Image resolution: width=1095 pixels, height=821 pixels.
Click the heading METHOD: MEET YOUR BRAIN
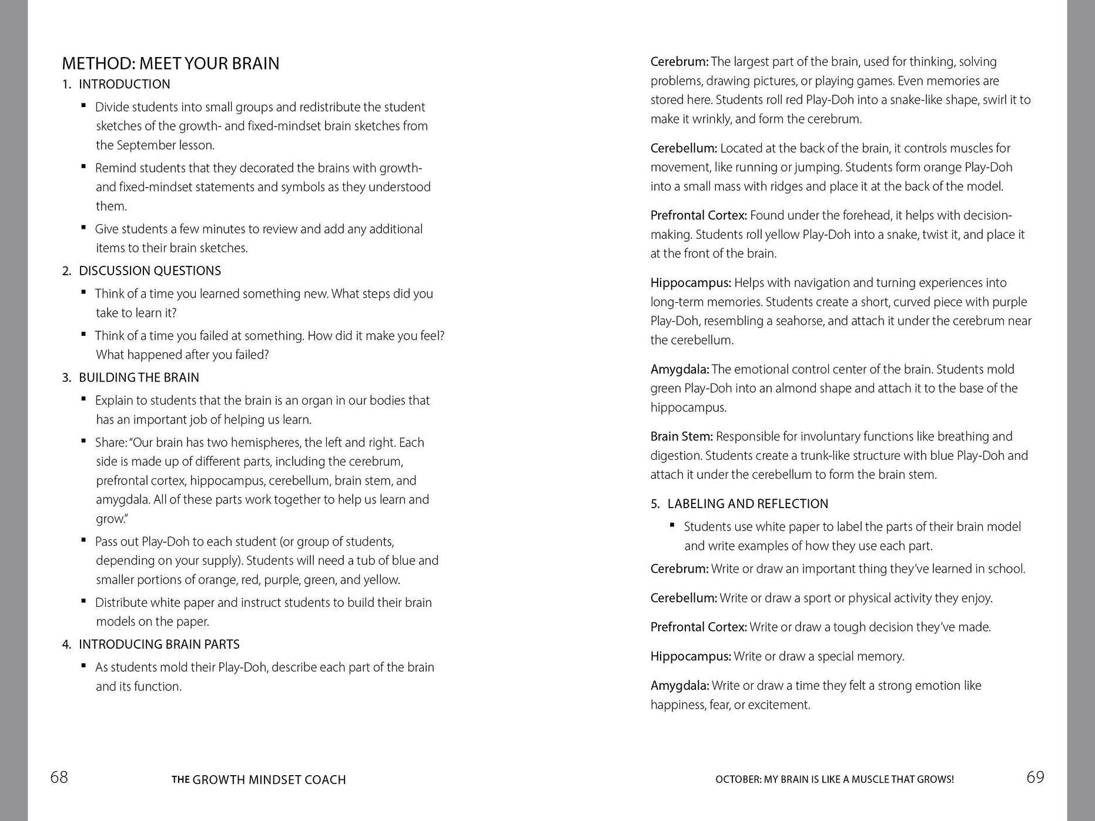(170, 64)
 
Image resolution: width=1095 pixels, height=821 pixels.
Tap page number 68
(59, 777)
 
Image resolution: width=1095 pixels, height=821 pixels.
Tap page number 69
(1035, 777)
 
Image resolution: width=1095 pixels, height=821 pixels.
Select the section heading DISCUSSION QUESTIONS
(150, 271)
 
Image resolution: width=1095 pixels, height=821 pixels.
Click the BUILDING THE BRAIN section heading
(139, 378)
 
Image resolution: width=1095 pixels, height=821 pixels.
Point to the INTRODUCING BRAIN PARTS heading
(159, 645)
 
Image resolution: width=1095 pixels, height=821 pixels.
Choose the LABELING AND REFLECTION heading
(748, 504)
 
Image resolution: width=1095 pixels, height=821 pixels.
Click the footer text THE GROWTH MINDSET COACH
(259, 780)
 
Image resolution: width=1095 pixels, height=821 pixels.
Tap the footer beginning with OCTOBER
(834, 780)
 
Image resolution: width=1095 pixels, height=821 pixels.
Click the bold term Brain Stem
(681, 436)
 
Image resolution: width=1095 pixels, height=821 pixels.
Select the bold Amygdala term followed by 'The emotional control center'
(679, 369)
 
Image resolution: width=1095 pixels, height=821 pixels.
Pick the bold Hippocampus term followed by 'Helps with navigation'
(691, 283)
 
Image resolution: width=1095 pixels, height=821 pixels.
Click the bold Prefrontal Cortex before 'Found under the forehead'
(698, 215)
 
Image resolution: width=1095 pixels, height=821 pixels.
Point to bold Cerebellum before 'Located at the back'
(684, 148)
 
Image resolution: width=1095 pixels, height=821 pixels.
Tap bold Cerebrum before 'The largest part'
(679, 62)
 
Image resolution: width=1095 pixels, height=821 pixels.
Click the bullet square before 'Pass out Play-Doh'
(84, 540)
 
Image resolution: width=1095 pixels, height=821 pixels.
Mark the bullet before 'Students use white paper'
(672, 525)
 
